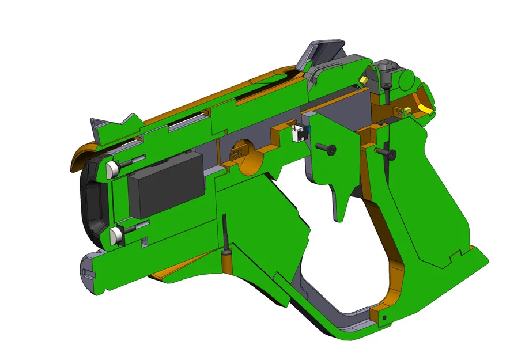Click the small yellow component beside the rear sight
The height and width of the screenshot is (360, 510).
click(364, 79)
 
